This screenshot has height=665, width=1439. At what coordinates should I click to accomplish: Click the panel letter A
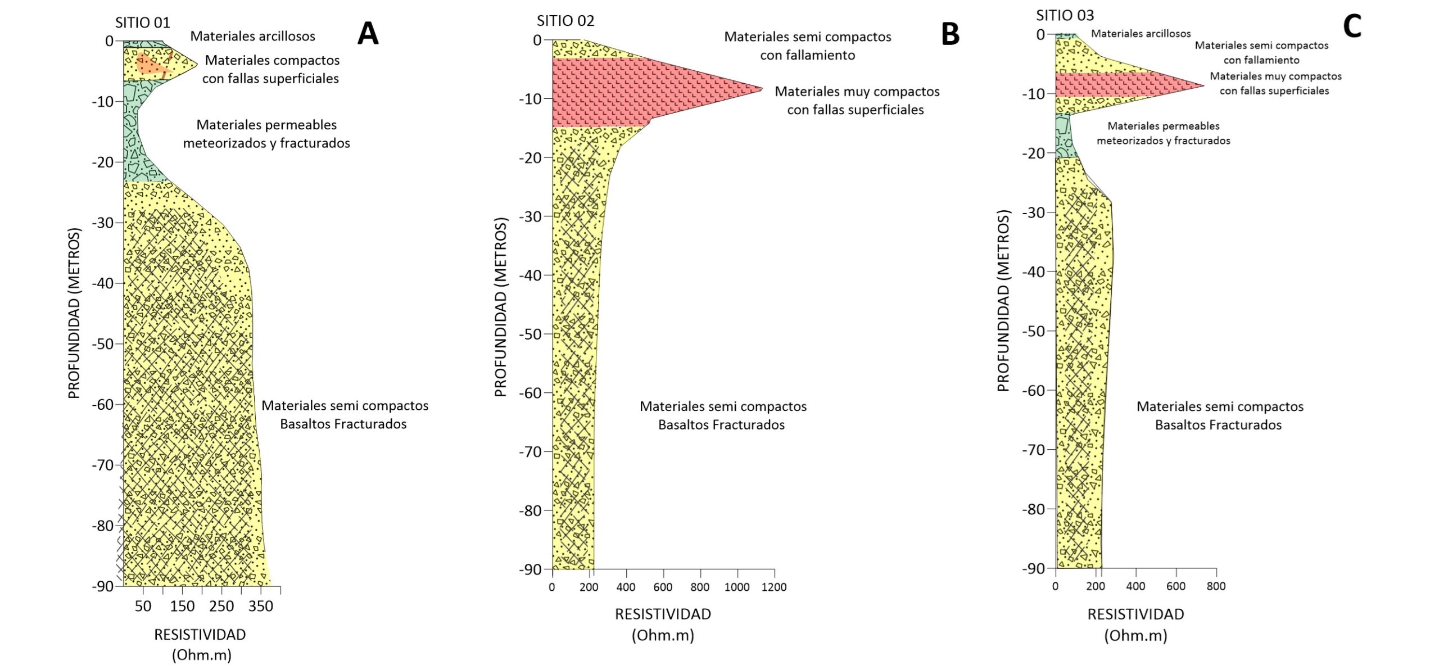pyautogui.click(x=368, y=33)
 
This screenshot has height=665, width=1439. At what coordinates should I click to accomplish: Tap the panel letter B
pyautogui.click(x=950, y=34)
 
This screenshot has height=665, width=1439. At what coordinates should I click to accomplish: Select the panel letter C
pyautogui.click(x=1352, y=26)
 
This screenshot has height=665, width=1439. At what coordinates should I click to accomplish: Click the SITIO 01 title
pyautogui.click(x=142, y=22)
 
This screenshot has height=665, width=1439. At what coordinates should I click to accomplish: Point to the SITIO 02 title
pyautogui.click(x=565, y=21)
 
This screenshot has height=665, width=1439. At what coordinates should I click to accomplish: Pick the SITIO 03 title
pyautogui.click(x=1065, y=15)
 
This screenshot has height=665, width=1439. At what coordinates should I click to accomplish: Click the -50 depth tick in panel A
pyautogui.click(x=103, y=343)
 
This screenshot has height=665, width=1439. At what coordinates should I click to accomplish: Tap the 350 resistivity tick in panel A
pyautogui.click(x=261, y=606)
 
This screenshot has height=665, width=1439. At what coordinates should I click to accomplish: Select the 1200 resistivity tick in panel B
pyautogui.click(x=774, y=587)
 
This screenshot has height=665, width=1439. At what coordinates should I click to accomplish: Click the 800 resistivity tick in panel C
pyautogui.click(x=1216, y=586)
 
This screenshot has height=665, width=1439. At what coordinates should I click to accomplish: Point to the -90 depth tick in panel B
pyautogui.click(x=530, y=569)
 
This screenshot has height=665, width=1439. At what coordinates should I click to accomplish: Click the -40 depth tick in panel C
pyautogui.click(x=1033, y=272)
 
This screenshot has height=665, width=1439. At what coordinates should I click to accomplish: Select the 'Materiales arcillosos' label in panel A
pyautogui.click(x=252, y=36)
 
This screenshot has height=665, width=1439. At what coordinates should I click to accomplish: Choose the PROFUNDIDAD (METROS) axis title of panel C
pyautogui.click(x=1003, y=300)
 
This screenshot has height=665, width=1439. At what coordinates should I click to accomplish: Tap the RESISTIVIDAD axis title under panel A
pyautogui.click(x=200, y=635)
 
